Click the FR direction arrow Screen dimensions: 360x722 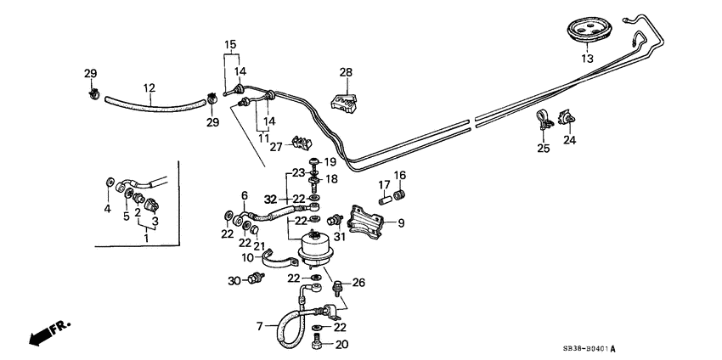pyautogui.click(x=46, y=333)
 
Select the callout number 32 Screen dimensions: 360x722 pyautogui.click(x=270, y=200)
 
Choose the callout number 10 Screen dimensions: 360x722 pyautogui.click(x=247, y=257)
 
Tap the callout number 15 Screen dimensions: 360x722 pyautogui.click(x=230, y=44)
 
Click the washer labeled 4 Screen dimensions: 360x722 pyautogui.click(x=110, y=183)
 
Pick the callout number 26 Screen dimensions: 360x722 pyautogui.click(x=358, y=284)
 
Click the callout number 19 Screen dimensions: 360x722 pyautogui.click(x=330, y=161)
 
